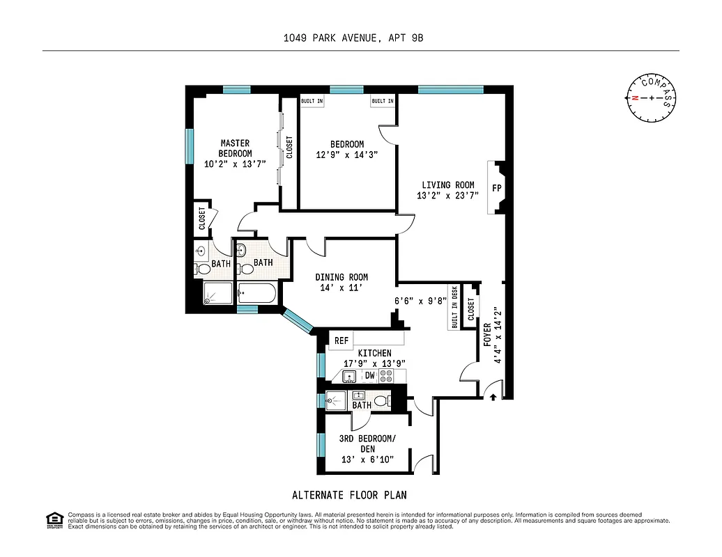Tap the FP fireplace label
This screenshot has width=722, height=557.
click(x=498, y=188)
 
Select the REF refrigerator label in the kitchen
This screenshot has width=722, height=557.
click(x=341, y=340)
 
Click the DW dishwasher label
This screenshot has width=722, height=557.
click(x=370, y=376)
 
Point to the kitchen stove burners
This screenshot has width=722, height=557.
click(x=386, y=376)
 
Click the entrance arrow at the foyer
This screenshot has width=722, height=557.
click(x=493, y=397)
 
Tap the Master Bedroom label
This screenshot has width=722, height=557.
click(x=235, y=148)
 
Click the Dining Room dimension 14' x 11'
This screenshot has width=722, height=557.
click(x=341, y=288)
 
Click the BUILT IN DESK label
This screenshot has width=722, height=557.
click(x=454, y=307)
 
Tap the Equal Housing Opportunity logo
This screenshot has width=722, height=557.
click(x=54, y=520)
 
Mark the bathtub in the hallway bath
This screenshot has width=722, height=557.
click(x=258, y=293)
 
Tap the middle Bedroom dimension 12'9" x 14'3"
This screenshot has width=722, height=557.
click(x=346, y=155)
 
